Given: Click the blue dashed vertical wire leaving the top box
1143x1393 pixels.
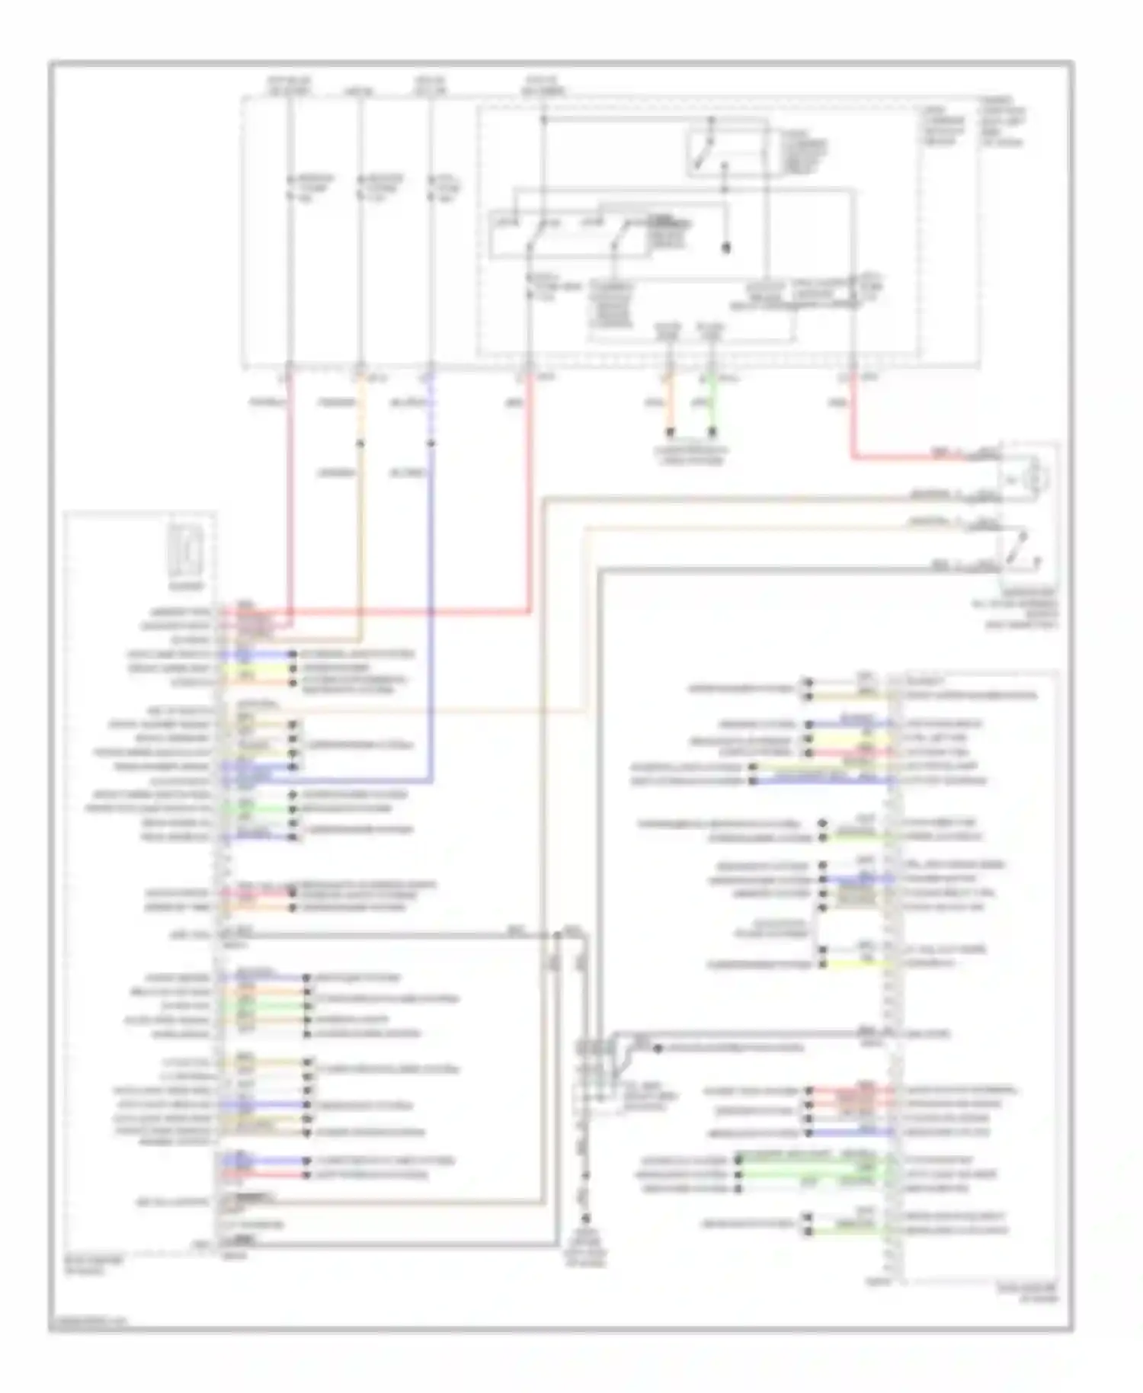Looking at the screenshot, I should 431,411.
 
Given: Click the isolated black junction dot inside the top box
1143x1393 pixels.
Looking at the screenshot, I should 725,248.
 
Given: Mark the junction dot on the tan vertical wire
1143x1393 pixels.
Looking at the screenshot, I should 360,443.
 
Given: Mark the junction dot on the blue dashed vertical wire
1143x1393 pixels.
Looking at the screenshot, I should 431,443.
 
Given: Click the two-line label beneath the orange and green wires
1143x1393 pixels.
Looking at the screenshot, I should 691,456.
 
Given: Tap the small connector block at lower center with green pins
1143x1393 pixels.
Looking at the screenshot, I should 598,1071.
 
